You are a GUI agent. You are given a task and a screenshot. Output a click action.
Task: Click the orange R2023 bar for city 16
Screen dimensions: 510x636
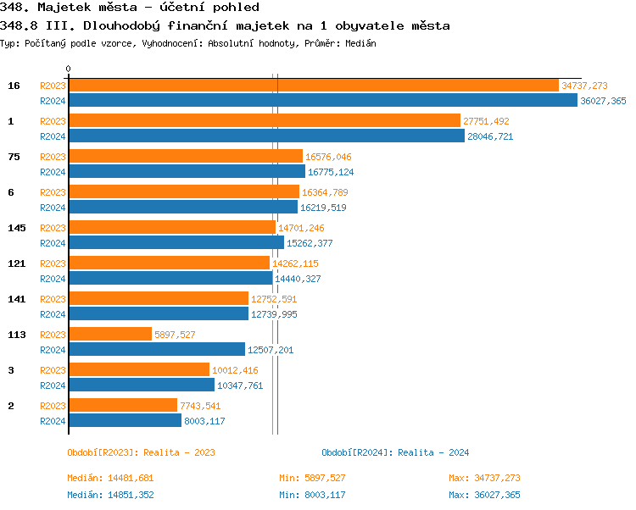pos(313,86)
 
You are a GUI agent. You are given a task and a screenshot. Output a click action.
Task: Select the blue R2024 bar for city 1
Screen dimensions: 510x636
pos(265,136)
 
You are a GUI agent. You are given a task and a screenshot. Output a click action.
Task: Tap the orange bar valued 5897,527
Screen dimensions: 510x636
pos(109,335)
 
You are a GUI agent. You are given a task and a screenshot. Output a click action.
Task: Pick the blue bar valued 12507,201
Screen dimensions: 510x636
pos(156,350)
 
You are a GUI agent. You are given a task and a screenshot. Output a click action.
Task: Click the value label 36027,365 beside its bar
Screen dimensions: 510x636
pos(603,101)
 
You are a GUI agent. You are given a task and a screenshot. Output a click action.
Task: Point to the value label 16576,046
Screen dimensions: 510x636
pos(328,157)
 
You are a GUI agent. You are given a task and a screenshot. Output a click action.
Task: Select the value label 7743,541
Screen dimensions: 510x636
pos(200,406)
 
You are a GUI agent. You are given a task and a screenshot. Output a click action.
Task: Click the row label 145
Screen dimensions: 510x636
pos(16,228)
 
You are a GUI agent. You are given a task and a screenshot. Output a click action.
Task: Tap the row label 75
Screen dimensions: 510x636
pos(14,157)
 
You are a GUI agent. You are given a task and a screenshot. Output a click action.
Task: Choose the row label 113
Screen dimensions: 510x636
pos(16,335)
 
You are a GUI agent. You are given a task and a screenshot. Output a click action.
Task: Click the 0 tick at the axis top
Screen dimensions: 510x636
pos(69,69)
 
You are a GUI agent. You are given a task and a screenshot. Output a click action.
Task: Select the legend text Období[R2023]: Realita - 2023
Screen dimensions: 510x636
pos(141,452)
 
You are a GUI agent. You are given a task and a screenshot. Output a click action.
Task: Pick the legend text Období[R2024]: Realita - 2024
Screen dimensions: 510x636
pos(395,452)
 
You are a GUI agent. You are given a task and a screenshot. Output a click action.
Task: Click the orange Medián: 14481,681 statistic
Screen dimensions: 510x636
pos(110,478)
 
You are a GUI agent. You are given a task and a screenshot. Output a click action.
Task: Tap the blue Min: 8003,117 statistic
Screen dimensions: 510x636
pos(312,495)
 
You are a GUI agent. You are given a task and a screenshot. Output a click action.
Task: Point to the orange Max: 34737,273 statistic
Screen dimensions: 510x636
pos(484,478)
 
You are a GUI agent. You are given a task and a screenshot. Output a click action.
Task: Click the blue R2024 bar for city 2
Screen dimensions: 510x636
pos(125,421)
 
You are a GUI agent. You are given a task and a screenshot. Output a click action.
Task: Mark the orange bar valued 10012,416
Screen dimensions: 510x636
pos(138,370)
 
